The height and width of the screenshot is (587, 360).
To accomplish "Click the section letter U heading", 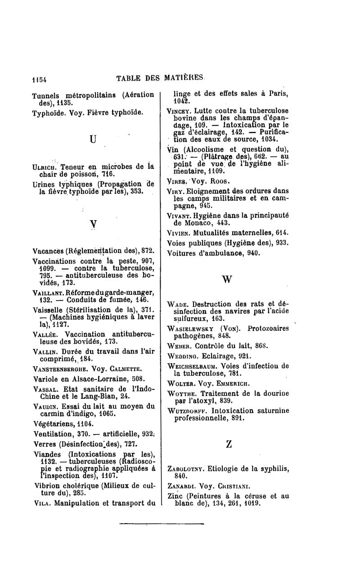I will (93, 140).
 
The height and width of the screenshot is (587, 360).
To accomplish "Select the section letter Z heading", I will (229, 443).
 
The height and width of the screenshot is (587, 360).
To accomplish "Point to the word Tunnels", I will (46, 95).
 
